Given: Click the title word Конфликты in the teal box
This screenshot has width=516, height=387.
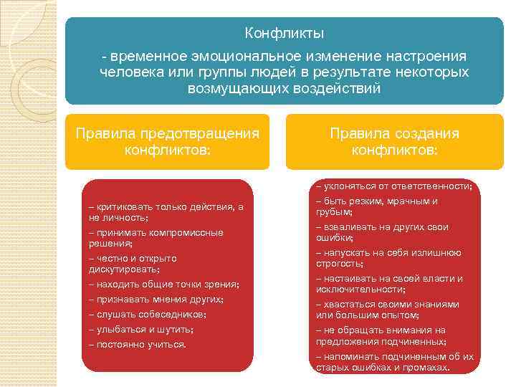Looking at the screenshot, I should point(284,34).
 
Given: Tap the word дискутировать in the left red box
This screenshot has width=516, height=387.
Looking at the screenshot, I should point(123,269).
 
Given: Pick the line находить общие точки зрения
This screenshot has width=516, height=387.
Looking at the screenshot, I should point(164,285).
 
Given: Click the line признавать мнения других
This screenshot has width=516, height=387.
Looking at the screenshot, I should point(156,300).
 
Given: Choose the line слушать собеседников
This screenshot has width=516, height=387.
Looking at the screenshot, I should point(148,315).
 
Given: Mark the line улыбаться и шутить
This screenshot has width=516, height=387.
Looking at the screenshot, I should point(141,330).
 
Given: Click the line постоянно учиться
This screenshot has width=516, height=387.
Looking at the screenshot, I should point(137,345).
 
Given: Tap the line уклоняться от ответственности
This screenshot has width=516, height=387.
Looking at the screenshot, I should point(394,186).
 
